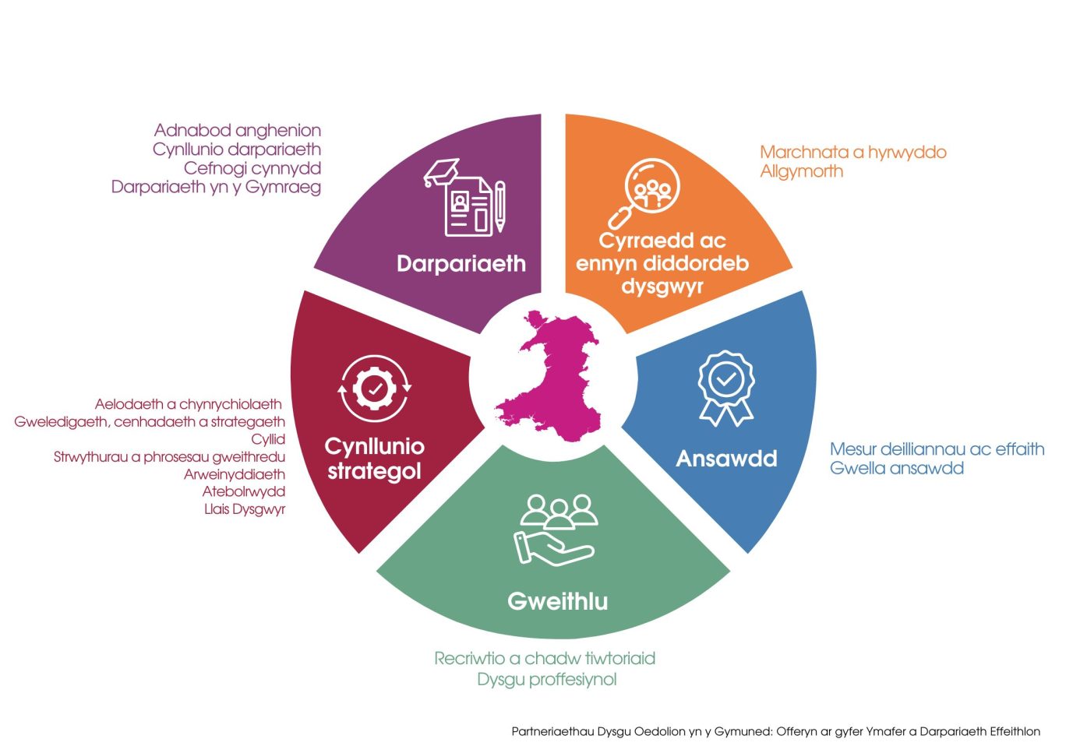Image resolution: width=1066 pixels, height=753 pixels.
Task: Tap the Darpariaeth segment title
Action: point(461,264)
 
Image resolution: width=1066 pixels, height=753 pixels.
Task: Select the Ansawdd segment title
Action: point(726,459)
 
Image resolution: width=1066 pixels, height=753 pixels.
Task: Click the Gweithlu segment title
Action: point(557,601)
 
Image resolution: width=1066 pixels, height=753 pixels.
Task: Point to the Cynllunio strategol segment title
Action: point(374,459)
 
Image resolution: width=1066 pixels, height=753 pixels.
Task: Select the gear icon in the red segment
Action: point(375,388)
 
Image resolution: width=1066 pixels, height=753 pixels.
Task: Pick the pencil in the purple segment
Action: point(500,206)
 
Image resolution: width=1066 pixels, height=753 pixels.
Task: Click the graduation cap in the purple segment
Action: point(441,172)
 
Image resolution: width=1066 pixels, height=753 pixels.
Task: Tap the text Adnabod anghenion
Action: point(238,130)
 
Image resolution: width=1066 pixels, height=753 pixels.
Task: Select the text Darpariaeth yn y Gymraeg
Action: point(216,187)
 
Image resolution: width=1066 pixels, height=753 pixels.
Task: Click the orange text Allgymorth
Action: point(801,171)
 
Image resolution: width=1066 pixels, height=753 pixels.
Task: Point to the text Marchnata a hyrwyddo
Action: point(852,152)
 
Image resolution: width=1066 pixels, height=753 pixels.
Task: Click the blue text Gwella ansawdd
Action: point(896,468)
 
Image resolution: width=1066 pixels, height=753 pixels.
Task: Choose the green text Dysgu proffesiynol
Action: point(546,679)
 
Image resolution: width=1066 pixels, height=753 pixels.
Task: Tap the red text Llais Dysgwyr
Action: point(245,509)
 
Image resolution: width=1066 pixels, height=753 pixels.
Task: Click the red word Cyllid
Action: point(268,439)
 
